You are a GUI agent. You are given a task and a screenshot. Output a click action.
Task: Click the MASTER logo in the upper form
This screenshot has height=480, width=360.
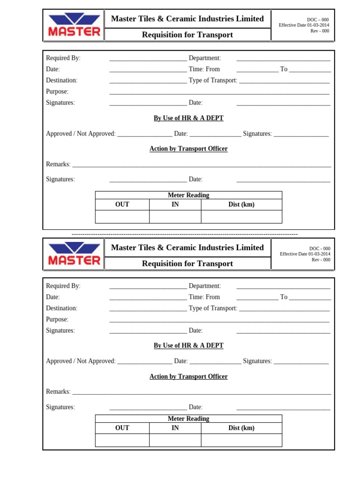pyautogui.click(x=74, y=25)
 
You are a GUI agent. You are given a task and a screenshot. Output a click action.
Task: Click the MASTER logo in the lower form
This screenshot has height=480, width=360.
pyautogui.click(x=74, y=254)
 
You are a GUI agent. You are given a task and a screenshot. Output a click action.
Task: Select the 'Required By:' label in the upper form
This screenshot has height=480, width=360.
pyautogui.click(x=63, y=58)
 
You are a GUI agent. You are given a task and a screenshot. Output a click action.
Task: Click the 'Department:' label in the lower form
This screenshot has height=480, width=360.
pyautogui.click(x=204, y=286)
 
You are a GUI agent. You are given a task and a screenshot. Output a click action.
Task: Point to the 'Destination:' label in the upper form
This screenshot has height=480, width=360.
pyautogui.click(x=61, y=80)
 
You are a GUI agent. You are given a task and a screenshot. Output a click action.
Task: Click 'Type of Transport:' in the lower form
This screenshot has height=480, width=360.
pyautogui.click(x=213, y=308)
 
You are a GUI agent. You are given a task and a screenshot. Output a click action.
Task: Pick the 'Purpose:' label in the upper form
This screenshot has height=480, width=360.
pyautogui.click(x=57, y=91)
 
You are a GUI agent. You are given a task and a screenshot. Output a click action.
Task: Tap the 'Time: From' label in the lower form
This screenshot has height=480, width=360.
pyautogui.click(x=204, y=297)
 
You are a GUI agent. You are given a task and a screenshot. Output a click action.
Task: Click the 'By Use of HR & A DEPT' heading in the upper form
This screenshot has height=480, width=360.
pyautogui.click(x=188, y=118)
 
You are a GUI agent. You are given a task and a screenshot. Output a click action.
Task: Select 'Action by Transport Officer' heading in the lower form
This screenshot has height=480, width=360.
pyautogui.click(x=188, y=376)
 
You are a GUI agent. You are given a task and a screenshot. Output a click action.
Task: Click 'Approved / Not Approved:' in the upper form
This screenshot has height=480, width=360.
pyautogui.click(x=81, y=134)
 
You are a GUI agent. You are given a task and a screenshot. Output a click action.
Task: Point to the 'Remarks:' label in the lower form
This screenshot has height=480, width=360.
pyautogui.click(x=58, y=391)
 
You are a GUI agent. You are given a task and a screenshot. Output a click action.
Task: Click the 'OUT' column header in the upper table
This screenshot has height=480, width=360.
pyautogui.click(x=122, y=204)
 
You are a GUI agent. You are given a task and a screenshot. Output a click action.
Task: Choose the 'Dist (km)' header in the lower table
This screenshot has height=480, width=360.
pyautogui.click(x=241, y=428)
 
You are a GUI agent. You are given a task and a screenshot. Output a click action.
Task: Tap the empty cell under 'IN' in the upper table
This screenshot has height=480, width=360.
pyautogui.click(x=175, y=217)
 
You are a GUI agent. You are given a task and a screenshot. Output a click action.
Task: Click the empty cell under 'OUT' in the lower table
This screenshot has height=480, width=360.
pyautogui.click(x=122, y=440)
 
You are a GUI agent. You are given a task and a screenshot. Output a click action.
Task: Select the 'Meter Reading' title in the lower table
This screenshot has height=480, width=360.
pyautogui.click(x=188, y=419)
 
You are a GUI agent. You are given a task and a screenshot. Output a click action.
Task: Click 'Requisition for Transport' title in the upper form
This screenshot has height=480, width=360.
pyautogui.click(x=187, y=35)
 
